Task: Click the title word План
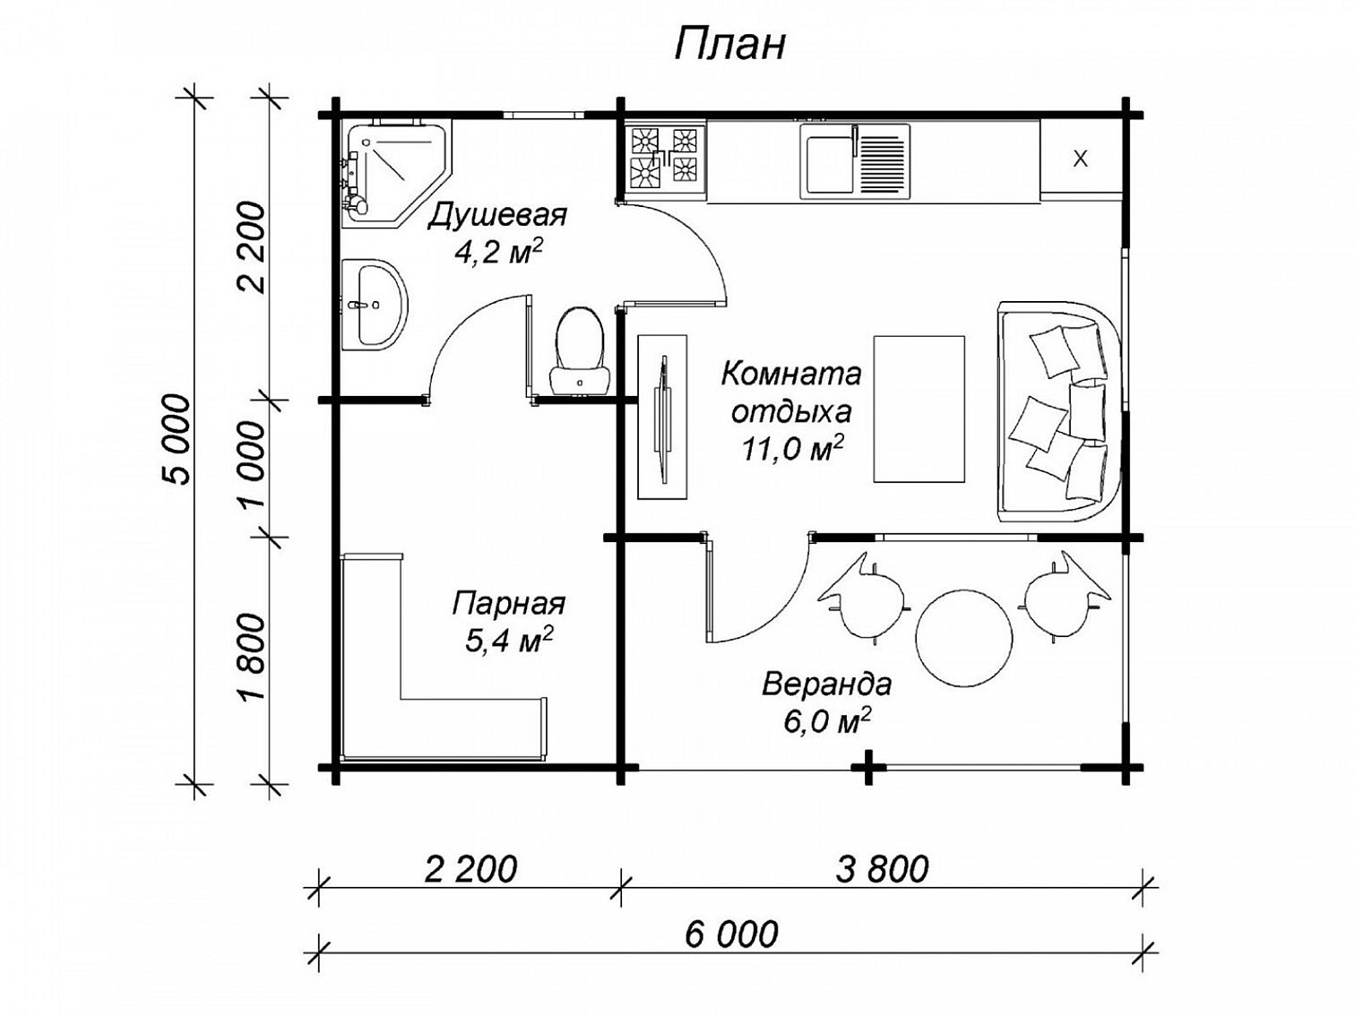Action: (x=729, y=45)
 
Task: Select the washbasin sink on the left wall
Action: (x=374, y=305)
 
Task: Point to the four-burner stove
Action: (x=666, y=159)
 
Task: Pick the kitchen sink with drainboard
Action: (x=856, y=160)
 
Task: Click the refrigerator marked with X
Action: (x=1080, y=159)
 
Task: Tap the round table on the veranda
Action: (x=963, y=637)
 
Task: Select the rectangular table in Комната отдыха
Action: (x=919, y=409)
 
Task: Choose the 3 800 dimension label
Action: (x=882, y=869)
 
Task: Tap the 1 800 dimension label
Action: (x=254, y=657)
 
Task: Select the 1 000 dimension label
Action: (x=254, y=464)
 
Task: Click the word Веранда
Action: (x=826, y=685)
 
